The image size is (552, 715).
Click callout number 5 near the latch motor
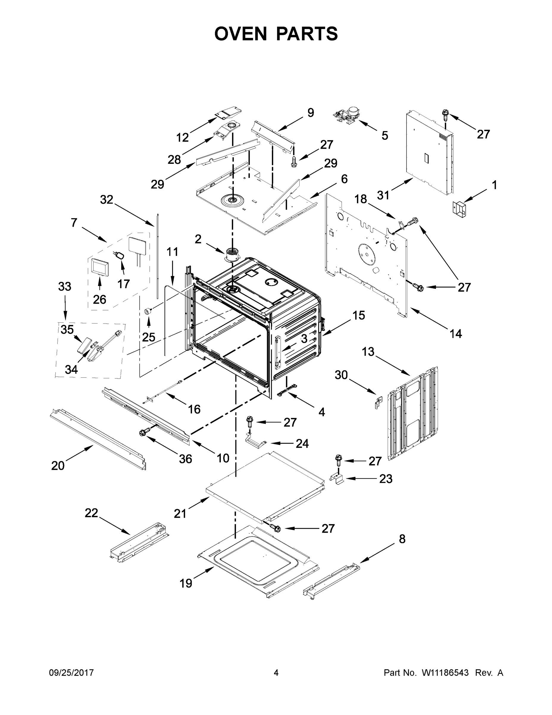tap(384, 135)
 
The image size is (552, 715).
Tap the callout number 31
tap(383, 195)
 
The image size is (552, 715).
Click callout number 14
tap(456, 334)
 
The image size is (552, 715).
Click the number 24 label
tap(302, 443)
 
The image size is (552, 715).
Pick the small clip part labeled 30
tap(378, 402)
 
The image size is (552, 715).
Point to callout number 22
tap(91, 513)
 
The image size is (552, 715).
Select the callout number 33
tap(64, 287)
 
